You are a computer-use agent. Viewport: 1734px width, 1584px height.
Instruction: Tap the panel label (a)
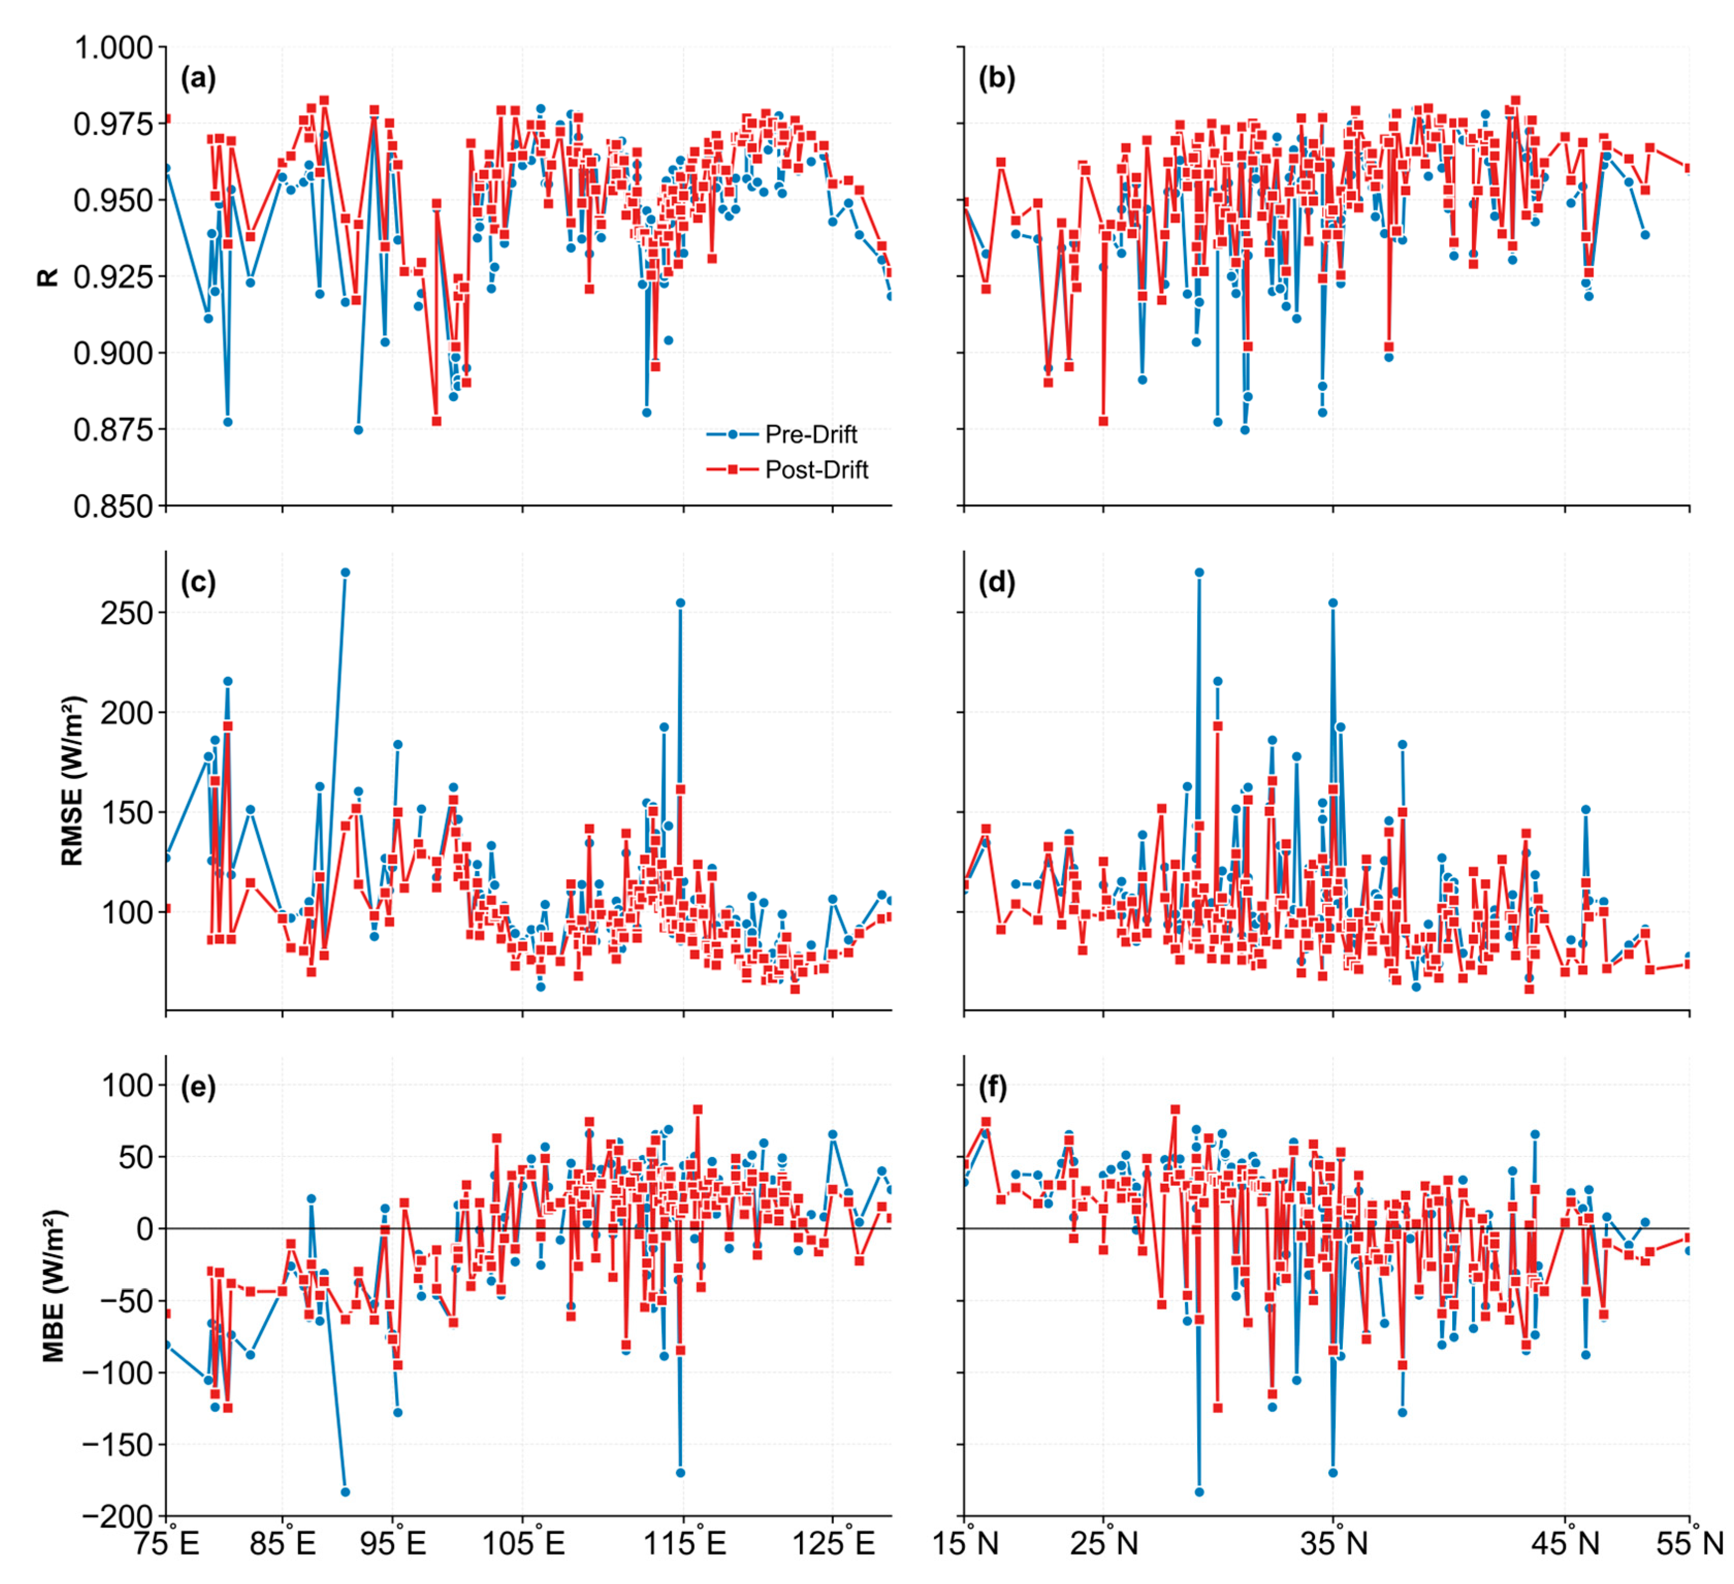tap(198, 78)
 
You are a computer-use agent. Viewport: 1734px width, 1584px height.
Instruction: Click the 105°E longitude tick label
tap(523, 1544)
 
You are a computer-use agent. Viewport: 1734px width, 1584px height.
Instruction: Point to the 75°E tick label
tap(165, 1544)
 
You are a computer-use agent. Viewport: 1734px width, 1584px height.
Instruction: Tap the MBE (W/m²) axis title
tap(53, 1286)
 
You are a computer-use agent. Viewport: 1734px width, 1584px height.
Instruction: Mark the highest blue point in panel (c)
tap(345, 572)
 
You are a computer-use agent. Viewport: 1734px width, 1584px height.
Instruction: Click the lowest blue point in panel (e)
tap(345, 1492)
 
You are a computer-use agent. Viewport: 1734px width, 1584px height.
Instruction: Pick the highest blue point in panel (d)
tap(1199, 572)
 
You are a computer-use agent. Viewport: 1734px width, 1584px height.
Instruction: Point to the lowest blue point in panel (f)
tap(1199, 1492)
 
